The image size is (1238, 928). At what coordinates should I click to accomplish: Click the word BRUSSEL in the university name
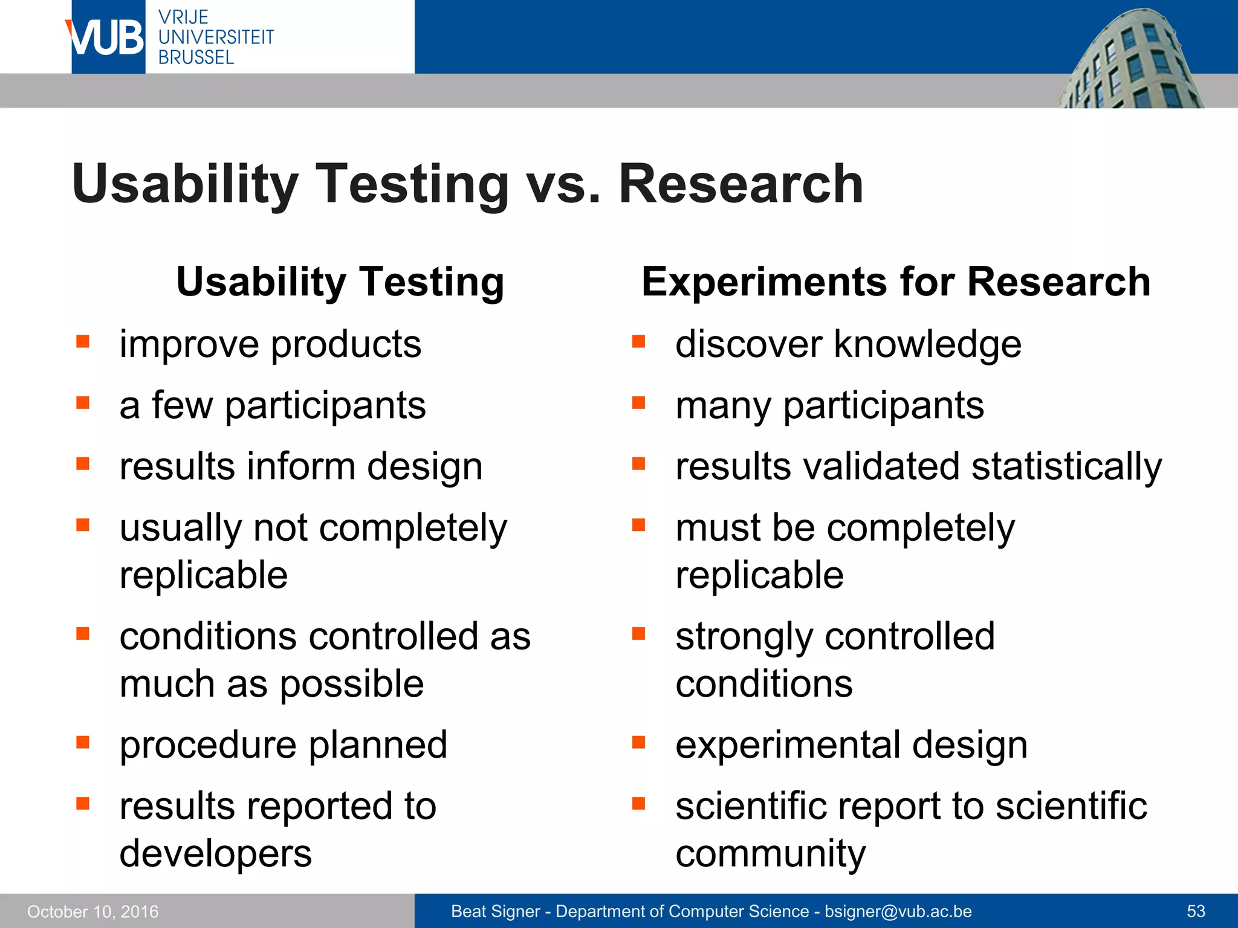[x=196, y=58]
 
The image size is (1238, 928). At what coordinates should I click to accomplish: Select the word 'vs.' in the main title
[x=563, y=185]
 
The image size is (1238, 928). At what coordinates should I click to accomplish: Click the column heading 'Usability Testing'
[x=340, y=282]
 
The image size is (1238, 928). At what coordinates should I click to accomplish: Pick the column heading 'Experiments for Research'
[x=896, y=282]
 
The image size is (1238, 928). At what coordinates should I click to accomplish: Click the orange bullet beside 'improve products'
[x=83, y=342]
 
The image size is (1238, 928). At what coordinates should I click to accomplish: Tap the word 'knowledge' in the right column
[x=927, y=344]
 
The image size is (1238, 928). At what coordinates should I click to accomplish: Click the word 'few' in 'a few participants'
[x=182, y=405]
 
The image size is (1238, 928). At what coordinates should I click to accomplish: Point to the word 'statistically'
[x=1066, y=468]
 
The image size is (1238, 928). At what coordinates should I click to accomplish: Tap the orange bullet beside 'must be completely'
[x=639, y=524]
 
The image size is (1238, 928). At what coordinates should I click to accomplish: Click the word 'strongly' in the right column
[x=744, y=637]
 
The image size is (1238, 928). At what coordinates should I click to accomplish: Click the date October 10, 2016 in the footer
[x=92, y=911]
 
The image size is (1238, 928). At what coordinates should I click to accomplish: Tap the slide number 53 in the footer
[x=1196, y=911]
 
